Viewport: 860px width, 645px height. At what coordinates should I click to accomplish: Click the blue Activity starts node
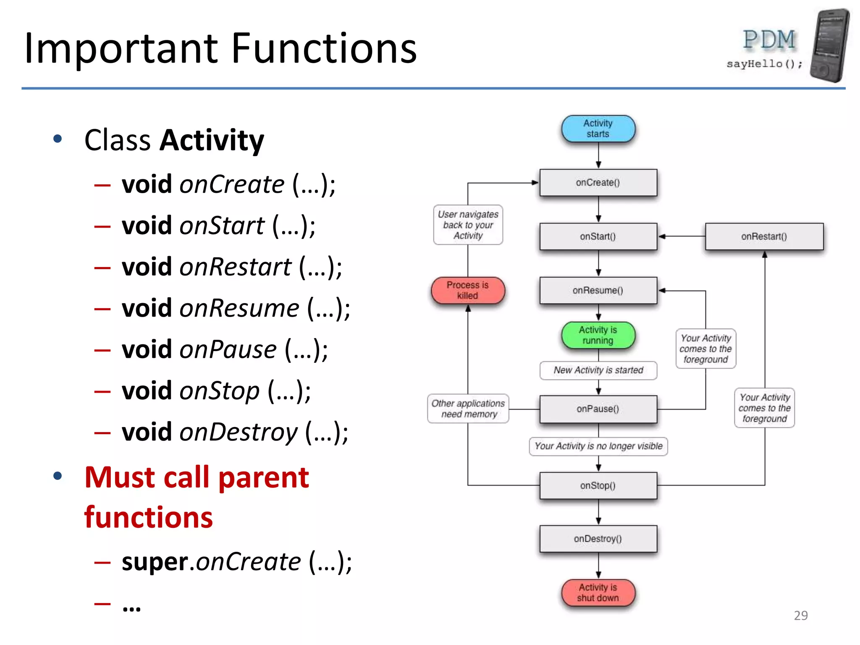pos(598,128)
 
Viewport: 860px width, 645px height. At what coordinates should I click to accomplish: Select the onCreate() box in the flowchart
pos(598,183)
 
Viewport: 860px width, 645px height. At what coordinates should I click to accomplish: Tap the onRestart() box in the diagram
pos(764,236)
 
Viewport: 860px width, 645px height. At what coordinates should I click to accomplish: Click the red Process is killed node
pos(467,290)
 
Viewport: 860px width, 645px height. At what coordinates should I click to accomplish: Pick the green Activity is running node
pos(598,335)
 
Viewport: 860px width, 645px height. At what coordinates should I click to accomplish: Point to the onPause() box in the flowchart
pos(598,409)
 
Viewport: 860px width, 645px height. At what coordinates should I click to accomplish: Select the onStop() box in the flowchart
pos(598,485)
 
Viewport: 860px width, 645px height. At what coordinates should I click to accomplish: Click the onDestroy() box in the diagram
pos(598,539)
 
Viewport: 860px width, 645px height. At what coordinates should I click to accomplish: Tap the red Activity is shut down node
pos(598,593)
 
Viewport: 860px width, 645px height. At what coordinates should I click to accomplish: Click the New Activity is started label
pos(598,370)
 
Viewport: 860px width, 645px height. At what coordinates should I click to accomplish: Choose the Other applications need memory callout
pos(468,409)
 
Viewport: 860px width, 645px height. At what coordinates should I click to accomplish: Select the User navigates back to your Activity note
pos(468,225)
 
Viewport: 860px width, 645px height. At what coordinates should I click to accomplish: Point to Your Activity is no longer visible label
pos(598,446)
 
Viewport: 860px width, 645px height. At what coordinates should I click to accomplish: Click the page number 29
pos(800,616)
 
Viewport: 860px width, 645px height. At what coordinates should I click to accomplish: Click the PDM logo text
pos(769,40)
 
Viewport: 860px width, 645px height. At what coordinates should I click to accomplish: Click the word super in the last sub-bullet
pos(155,562)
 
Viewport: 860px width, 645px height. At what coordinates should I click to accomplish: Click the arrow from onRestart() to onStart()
pos(681,236)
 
